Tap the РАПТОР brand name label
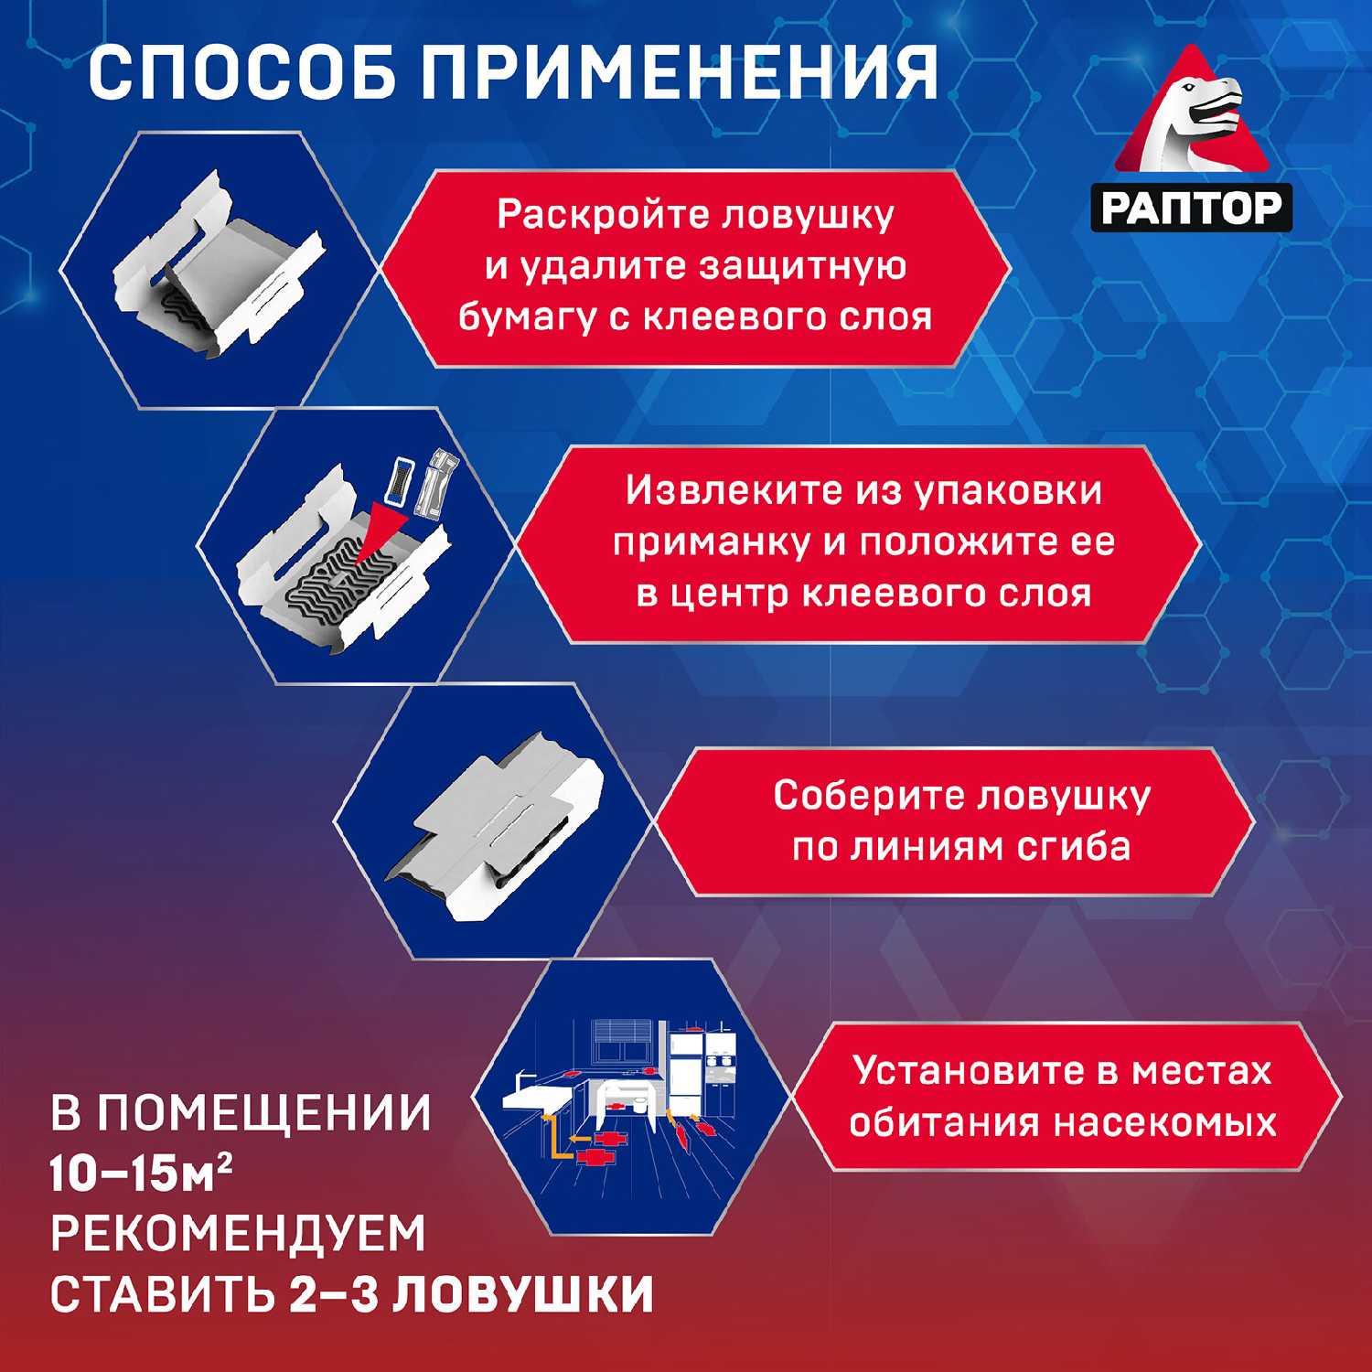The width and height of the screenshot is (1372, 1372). (1191, 208)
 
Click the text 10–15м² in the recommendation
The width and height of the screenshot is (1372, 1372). (140, 1173)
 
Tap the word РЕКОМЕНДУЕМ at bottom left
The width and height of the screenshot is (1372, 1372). (239, 1233)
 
